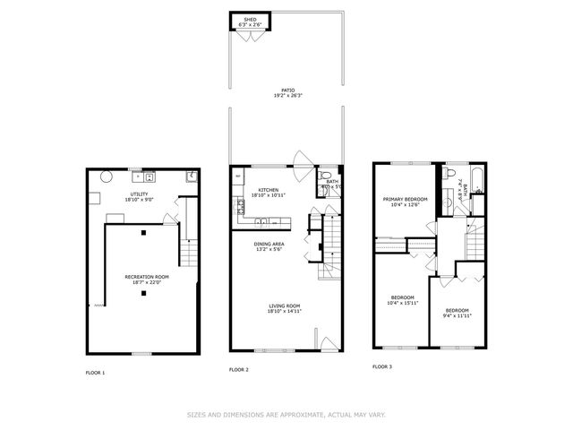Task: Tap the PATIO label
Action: (286, 91)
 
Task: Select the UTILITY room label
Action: (138, 193)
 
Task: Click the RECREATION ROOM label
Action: (147, 277)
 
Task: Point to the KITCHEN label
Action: (269, 190)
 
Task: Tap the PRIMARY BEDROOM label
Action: (405, 199)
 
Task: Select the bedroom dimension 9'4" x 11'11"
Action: (457, 316)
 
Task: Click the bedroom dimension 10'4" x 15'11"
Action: (403, 303)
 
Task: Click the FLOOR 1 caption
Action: (95, 372)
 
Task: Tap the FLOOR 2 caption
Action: (238, 369)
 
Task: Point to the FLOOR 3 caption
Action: (382, 366)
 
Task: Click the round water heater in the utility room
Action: (105, 176)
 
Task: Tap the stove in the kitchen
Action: (240, 208)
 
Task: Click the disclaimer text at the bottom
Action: (286, 414)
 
